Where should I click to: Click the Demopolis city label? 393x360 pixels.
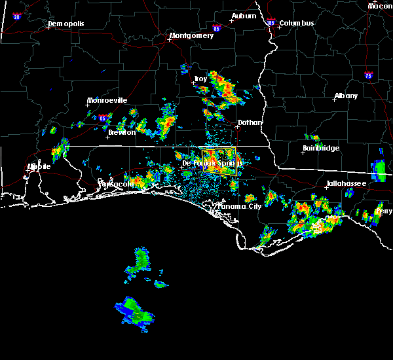[67, 25]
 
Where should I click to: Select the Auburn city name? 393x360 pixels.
[244, 16]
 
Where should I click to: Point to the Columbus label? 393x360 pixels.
[297, 24]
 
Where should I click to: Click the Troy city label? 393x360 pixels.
[200, 79]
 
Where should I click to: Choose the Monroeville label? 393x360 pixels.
[108, 100]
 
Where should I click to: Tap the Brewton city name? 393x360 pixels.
[122, 132]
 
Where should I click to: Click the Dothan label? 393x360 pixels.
[250, 122]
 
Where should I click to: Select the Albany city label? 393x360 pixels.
[346, 96]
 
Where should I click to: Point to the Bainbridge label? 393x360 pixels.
[321, 148]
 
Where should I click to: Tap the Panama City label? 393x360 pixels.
[240, 206]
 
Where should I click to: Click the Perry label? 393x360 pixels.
[384, 211]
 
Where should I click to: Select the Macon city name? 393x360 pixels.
[380, 6]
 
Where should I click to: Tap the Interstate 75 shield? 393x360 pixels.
[368, 75]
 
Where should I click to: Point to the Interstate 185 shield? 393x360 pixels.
[271, 23]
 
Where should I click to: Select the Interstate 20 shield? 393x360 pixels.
[17, 16]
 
